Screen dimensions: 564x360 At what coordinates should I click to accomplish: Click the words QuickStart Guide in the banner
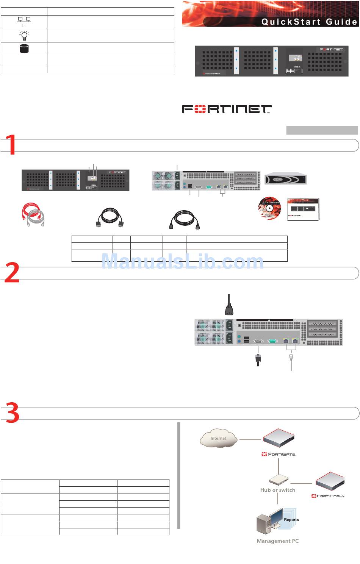coord(309,22)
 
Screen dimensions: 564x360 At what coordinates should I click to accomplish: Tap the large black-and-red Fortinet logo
coord(227,109)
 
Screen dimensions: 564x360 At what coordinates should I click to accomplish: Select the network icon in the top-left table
coord(24,22)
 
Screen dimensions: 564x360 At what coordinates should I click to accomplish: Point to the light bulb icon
coord(24,36)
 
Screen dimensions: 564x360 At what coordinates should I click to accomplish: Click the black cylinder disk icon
coord(24,48)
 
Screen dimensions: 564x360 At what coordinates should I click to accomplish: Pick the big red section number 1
coord(11,144)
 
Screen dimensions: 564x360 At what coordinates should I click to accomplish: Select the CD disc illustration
coord(269,208)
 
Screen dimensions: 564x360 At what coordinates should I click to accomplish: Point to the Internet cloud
coord(218,438)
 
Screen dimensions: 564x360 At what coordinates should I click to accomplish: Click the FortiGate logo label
coord(279,454)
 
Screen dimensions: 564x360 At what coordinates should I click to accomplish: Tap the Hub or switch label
coord(277,490)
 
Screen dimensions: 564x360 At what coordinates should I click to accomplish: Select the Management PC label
coord(277,541)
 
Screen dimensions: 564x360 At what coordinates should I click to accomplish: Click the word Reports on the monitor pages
coord(291,520)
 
